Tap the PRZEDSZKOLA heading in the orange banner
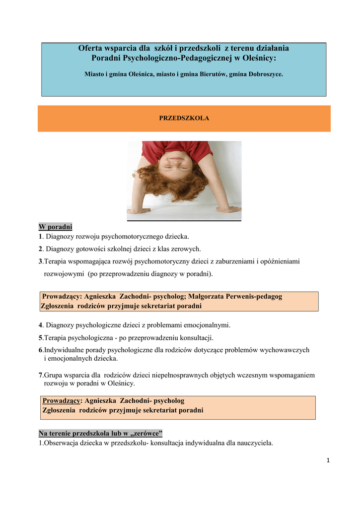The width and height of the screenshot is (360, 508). click(x=184, y=119)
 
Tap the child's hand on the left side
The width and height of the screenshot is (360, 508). click(x=139, y=210)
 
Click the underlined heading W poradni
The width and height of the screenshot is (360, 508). click(x=56, y=227)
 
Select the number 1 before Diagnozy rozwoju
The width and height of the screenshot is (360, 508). click(x=41, y=237)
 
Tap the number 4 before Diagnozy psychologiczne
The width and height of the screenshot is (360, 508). click(x=41, y=325)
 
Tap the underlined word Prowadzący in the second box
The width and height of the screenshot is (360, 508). click(x=62, y=400)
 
